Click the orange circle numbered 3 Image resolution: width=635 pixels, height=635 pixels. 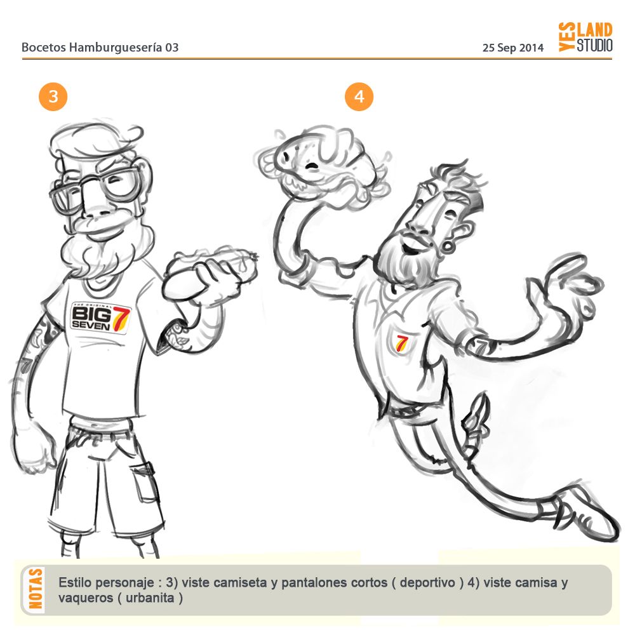[x=53, y=97]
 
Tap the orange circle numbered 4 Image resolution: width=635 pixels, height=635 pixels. [x=359, y=97]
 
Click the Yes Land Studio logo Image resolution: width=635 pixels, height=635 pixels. [x=585, y=37]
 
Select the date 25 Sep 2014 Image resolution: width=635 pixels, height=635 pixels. [x=512, y=48]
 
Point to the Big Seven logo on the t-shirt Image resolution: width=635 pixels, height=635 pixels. [x=101, y=317]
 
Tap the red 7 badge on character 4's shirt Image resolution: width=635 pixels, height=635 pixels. [x=401, y=343]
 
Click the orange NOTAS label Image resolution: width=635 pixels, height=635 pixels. [x=36, y=589]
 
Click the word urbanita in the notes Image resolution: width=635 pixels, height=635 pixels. [x=150, y=598]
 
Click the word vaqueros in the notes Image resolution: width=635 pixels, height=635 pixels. [x=85, y=598]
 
